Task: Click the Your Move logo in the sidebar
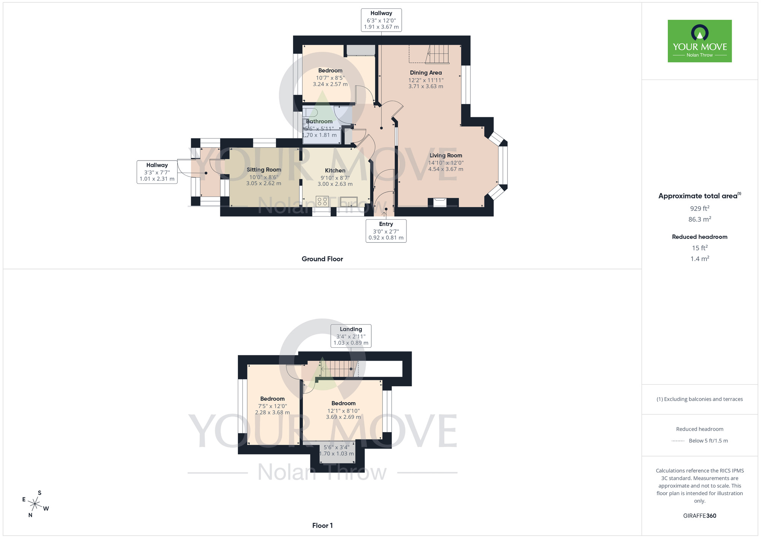tap(699, 41)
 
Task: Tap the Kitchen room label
tap(335, 170)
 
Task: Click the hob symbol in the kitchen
tap(322, 201)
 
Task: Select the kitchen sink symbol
tap(349, 201)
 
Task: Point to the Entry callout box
tap(386, 231)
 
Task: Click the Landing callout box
tap(350, 336)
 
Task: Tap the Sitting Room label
tap(264, 170)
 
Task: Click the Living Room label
tap(446, 155)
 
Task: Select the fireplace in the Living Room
tap(440, 202)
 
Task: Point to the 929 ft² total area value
tap(699, 208)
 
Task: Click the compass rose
tap(35, 504)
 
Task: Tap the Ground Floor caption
tap(322, 259)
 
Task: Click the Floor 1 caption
tap(322, 525)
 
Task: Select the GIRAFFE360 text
tap(699, 516)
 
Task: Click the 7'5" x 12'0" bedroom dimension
tap(272, 406)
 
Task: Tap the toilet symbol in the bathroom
tap(310, 112)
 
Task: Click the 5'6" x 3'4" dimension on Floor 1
tap(336, 447)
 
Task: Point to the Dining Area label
tap(426, 73)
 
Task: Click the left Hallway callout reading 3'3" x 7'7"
tap(157, 172)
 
